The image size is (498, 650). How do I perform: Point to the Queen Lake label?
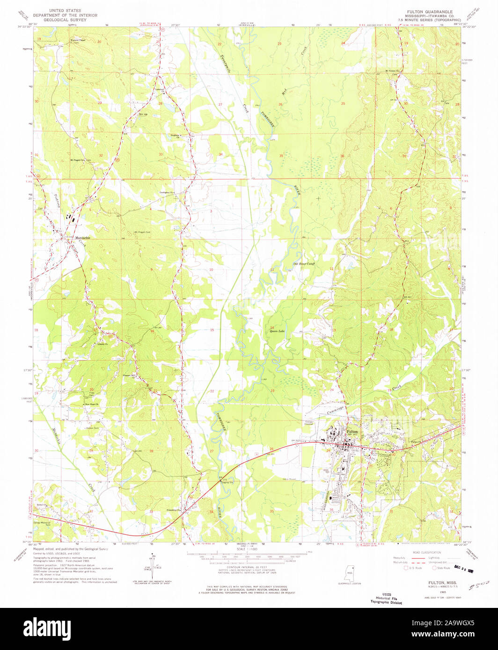click(277, 331)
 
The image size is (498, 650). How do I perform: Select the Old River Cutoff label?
click(304, 264)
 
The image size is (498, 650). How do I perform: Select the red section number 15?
click(212, 330)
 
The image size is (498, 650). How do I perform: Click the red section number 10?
click(211, 270)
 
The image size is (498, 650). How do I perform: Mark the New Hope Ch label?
click(90, 404)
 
